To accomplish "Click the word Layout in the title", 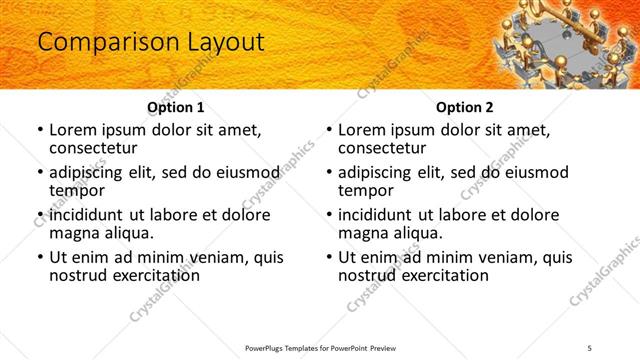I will [x=222, y=42].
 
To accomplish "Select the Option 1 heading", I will [x=176, y=106].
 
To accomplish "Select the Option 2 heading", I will [x=465, y=106].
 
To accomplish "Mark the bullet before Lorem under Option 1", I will [x=40, y=131].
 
